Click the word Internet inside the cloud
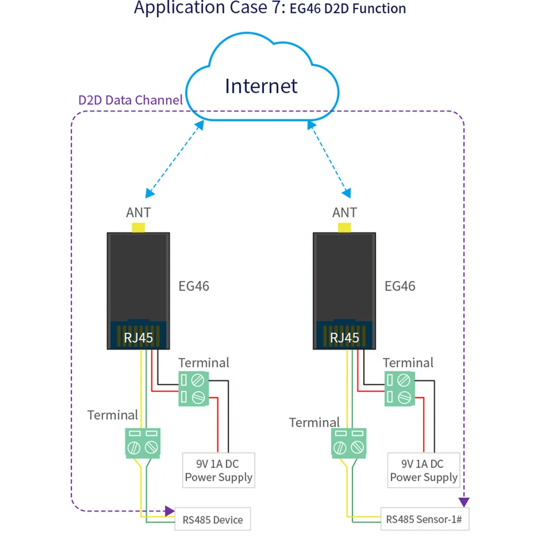tap(261, 86)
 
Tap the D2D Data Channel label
tap(130, 100)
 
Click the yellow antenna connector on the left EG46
tap(138, 228)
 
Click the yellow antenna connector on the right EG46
tap(345, 228)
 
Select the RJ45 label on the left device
tap(138, 338)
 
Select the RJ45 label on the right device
tap(344, 338)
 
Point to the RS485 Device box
tap(213, 519)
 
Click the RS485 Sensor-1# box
tap(424, 519)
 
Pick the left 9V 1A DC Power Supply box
tap(218, 470)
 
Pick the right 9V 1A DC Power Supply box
tap(423, 470)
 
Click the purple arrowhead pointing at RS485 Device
tap(170, 511)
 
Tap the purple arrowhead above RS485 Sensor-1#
tap(463, 502)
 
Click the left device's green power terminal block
tap(193, 389)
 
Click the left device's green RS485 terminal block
tap(143, 443)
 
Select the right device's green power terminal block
tap(400, 389)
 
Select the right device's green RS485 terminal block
tap(349, 443)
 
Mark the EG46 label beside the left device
tap(193, 286)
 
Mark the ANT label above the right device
tap(344, 213)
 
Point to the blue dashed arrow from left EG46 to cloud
tap(175, 160)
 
